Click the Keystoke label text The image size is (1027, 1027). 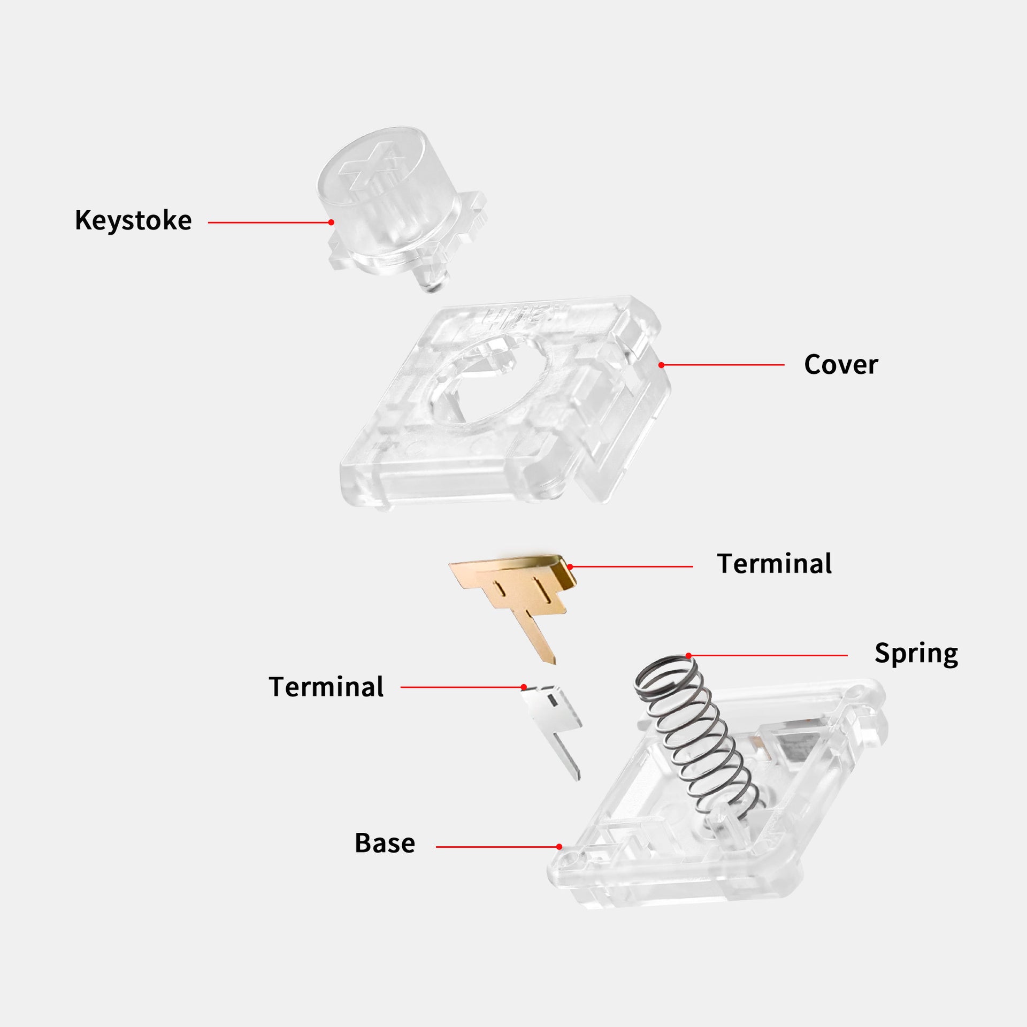pyautogui.click(x=133, y=221)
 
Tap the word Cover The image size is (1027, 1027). pyautogui.click(x=841, y=365)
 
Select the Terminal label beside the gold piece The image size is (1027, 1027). pyautogui.click(x=774, y=564)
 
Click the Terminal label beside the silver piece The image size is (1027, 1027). pyautogui.click(x=326, y=687)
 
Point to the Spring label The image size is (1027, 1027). pyautogui.click(x=916, y=654)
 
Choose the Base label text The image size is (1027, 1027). pyautogui.click(x=385, y=843)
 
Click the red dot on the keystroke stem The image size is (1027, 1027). pyautogui.click(x=331, y=222)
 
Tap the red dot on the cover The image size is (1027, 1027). pyautogui.click(x=661, y=365)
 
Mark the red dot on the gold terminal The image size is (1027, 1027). pyautogui.click(x=570, y=566)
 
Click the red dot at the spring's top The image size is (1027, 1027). pyautogui.click(x=688, y=655)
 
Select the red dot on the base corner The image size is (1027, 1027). pyautogui.click(x=559, y=847)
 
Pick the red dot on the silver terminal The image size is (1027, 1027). pyautogui.click(x=524, y=687)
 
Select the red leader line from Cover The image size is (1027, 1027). pyautogui.click(x=723, y=365)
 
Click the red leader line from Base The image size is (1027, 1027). pyautogui.click(x=497, y=847)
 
